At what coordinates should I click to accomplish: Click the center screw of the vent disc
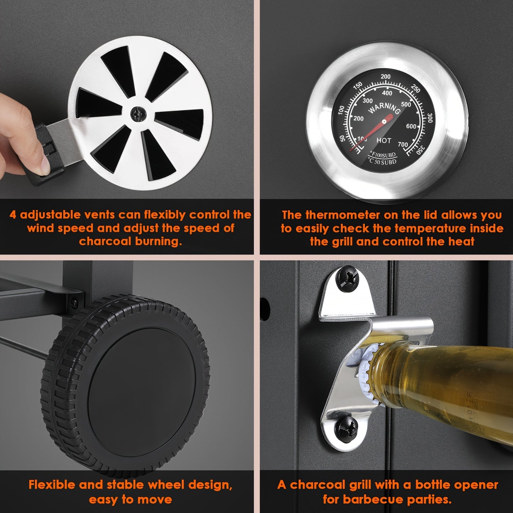138,114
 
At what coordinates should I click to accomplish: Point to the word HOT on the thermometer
384,140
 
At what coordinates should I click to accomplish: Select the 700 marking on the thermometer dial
403,144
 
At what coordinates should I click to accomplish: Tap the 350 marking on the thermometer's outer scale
421,150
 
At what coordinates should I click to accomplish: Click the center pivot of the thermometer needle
384,122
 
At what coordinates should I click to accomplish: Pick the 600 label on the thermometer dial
411,126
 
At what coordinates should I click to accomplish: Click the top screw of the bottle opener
347,280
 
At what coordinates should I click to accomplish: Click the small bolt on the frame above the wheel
75,303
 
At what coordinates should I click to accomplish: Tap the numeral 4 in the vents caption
13,214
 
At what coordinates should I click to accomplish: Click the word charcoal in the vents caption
105,241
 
